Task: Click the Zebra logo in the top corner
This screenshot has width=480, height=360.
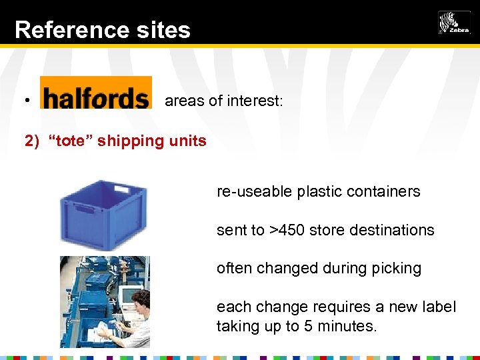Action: pos(454,23)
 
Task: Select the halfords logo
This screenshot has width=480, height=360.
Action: pos(95,93)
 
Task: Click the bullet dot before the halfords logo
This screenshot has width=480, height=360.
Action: pos(27,101)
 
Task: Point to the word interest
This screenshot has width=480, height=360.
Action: pos(255,101)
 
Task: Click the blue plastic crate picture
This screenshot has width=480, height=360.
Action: pos(103,214)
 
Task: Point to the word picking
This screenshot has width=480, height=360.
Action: pos(397,269)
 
